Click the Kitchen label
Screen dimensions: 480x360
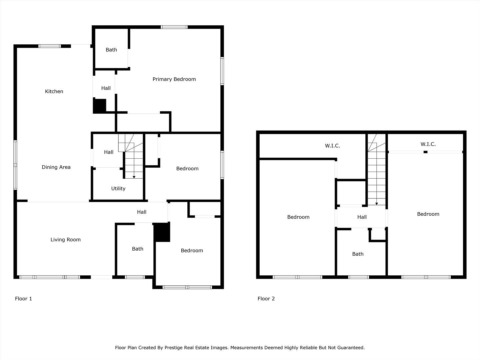tap(54, 91)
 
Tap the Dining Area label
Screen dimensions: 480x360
tap(56, 167)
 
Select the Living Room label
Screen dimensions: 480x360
tap(66, 240)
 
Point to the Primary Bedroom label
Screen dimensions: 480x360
tap(174, 79)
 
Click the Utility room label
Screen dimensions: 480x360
tap(118, 188)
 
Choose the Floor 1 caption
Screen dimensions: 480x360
tap(23, 299)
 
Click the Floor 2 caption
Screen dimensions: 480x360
tap(266, 299)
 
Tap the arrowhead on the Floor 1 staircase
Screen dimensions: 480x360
tap(134, 177)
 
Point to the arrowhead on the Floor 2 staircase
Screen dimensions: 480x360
tap(377, 204)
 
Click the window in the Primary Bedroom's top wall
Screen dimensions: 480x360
tap(174, 27)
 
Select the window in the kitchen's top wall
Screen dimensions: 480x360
tap(50, 46)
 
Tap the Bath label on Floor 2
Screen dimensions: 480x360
tap(358, 254)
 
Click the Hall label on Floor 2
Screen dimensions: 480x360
tap(362, 217)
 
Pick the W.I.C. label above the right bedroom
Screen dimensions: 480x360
tap(428, 144)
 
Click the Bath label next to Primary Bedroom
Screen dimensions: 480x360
tap(111, 50)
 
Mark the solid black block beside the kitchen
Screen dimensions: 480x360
tap(100, 106)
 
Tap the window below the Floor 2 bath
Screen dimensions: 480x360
tap(358, 277)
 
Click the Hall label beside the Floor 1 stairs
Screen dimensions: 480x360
tap(109, 152)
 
